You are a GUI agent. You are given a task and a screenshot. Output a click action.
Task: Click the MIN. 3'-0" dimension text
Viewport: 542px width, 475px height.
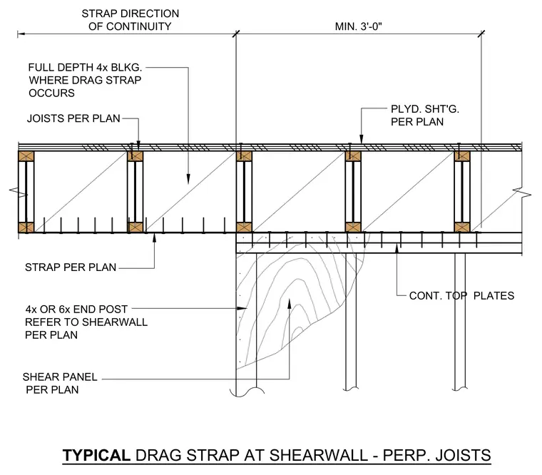pyautogui.click(x=359, y=26)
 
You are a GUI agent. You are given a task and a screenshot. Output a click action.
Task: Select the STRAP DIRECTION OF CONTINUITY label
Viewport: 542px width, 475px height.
pyautogui.click(x=131, y=20)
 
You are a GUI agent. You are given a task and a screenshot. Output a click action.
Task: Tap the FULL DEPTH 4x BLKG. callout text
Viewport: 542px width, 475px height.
pyautogui.click(x=85, y=67)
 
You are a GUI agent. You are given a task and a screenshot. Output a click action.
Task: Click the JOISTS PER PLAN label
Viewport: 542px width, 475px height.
pyautogui.click(x=73, y=118)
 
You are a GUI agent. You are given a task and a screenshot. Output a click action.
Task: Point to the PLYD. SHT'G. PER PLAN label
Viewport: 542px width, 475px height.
pyautogui.click(x=425, y=116)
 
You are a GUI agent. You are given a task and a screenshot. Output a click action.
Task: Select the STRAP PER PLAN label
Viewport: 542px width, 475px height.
pyautogui.click(x=71, y=267)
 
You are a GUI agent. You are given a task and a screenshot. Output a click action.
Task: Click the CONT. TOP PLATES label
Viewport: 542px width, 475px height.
pyautogui.click(x=461, y=295)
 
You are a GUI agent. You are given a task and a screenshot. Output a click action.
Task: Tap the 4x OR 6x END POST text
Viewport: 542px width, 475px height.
pyautogui.click(x=76, y=309)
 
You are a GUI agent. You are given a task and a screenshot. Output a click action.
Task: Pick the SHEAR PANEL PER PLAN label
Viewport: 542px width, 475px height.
pyautogui.click(x=60, y=383)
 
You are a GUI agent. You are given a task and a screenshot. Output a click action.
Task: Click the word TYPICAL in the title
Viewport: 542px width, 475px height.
pyautogui.click(x=96, y=455)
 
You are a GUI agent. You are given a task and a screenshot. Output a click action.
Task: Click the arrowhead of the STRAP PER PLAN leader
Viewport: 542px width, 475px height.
pyautogui.click(x=154, y=237)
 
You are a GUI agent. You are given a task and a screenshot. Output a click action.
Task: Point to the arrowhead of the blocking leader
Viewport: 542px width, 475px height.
pyautogui.click(x=188, y=179)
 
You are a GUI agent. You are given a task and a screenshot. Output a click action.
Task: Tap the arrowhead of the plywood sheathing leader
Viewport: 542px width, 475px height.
pyautogui.click(x=362, y=139)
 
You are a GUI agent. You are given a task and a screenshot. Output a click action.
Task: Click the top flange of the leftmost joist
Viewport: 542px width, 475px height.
pyautogui.click(x=26, y=156)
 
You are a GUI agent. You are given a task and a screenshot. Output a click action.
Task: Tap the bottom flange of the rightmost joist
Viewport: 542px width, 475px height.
pyautogui.click(x=462, y=227)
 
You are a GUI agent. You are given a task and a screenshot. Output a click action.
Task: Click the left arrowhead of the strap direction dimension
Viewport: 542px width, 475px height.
pyautogui.click(x=21, y=34)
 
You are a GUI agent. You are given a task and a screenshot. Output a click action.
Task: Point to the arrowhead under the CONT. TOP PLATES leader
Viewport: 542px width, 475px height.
pyautogui.click(x=397, y=248)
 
